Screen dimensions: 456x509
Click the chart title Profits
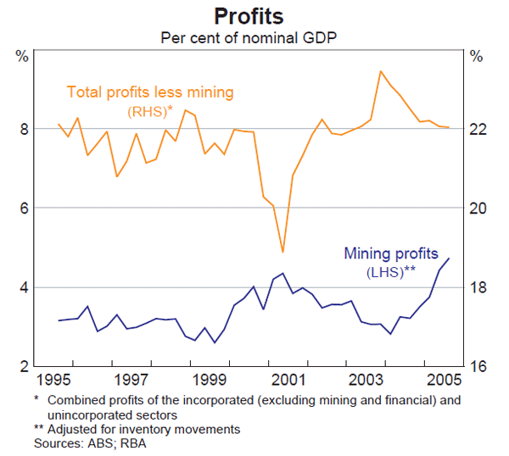click(249, 16)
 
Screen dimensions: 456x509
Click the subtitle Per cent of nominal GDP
click(249, 38)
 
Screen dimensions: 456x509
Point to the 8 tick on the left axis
click(22, 130)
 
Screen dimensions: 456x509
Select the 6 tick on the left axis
click(22, 209)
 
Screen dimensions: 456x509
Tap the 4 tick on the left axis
click(22, 287)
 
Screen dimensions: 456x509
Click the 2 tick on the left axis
click(22, 366)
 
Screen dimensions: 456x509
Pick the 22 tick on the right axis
click(478, 130)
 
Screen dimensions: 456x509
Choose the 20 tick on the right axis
click(478, 209)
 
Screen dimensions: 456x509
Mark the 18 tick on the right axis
click(478, 287)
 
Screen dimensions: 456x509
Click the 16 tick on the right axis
click(478, 366)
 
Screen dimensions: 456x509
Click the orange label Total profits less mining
click(150, 92)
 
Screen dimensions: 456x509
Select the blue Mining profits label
click(391, 253)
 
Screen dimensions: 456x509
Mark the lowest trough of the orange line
click(282, 252)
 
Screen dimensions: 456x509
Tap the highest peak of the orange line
click(380, 71)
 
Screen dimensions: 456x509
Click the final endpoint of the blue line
click(449, 259)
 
